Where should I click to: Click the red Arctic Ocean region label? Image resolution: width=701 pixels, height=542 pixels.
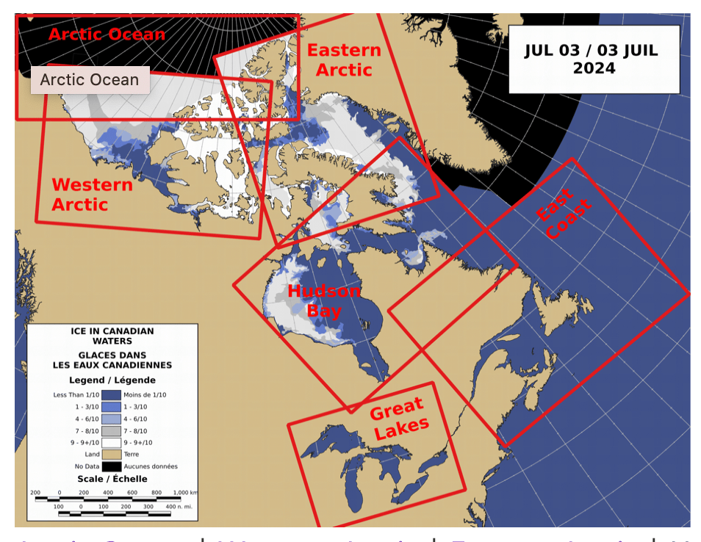click(107, 34)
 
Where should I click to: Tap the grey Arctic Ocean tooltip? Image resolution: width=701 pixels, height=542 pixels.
click(90, 80)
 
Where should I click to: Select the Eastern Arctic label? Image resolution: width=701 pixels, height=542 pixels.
click(344, 60)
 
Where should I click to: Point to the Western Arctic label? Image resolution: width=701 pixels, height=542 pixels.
click(92, 195)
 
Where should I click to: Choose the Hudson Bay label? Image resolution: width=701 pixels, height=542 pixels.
click(324, 300)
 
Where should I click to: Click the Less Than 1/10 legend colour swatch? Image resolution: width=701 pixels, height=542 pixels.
click(112, 395)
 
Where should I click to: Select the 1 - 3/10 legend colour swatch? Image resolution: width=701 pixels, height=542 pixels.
click(112, 407)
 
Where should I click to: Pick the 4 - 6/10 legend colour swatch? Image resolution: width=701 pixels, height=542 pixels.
click(112, 419)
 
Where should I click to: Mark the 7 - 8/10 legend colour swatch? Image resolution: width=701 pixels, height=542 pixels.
click(112, 431)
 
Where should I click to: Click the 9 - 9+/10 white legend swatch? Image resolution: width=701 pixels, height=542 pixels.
click(112, 443)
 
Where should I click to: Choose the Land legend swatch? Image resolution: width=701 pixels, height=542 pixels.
click(112, 455)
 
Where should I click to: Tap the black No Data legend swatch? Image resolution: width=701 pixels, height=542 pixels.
click(112, 466)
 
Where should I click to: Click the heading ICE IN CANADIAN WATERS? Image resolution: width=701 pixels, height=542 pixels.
click(112, 336)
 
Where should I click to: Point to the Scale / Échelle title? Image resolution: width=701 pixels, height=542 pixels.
click(112, 479)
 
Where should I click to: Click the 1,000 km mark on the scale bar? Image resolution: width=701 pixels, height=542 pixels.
click(181, 492)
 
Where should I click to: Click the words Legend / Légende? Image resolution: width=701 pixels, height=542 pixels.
click(112, 380)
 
